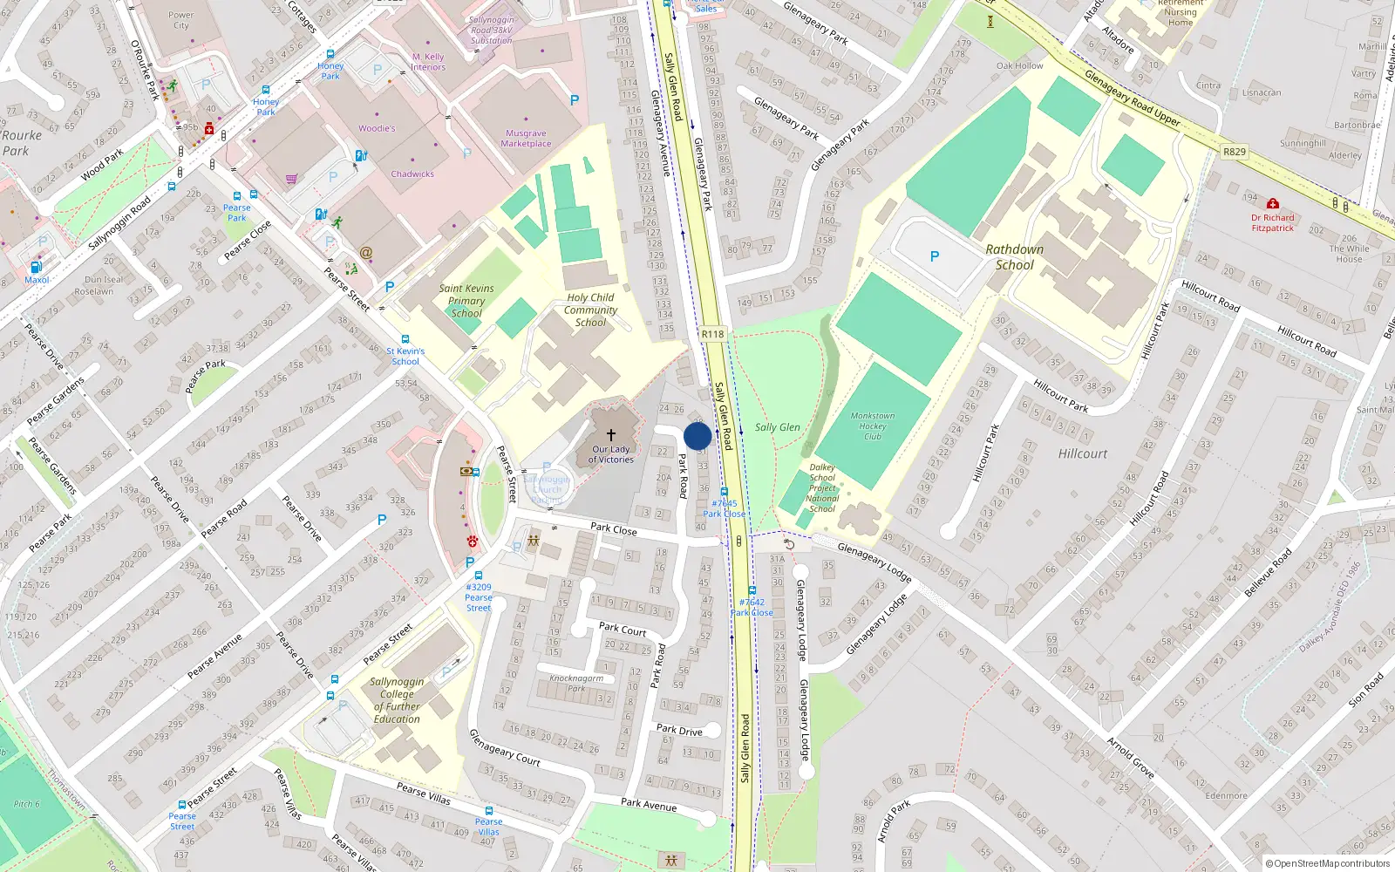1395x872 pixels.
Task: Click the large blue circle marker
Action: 697,436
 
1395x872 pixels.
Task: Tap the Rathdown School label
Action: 1014,257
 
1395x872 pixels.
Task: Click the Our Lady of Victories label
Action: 611,454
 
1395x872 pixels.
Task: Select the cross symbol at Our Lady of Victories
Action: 611,434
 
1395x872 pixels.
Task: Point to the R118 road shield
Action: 712,334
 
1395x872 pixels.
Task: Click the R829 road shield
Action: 1235,152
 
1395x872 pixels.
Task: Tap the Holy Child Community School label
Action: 590,310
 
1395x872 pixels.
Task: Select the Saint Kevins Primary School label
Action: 466,301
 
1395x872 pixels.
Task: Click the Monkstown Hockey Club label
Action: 873,426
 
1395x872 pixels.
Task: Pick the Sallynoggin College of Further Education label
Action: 397,700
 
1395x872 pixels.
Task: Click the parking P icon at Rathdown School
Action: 935,256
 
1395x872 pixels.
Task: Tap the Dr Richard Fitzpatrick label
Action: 1273,223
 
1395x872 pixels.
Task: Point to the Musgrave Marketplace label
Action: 526,139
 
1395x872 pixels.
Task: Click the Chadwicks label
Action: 412,174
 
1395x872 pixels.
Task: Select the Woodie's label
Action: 377,128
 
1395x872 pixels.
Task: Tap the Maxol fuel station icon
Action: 36,267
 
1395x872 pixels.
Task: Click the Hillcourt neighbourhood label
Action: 1083,453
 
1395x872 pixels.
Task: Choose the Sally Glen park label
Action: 778,427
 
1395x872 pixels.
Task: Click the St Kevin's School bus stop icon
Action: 405,339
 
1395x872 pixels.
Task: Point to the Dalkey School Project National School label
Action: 822,488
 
